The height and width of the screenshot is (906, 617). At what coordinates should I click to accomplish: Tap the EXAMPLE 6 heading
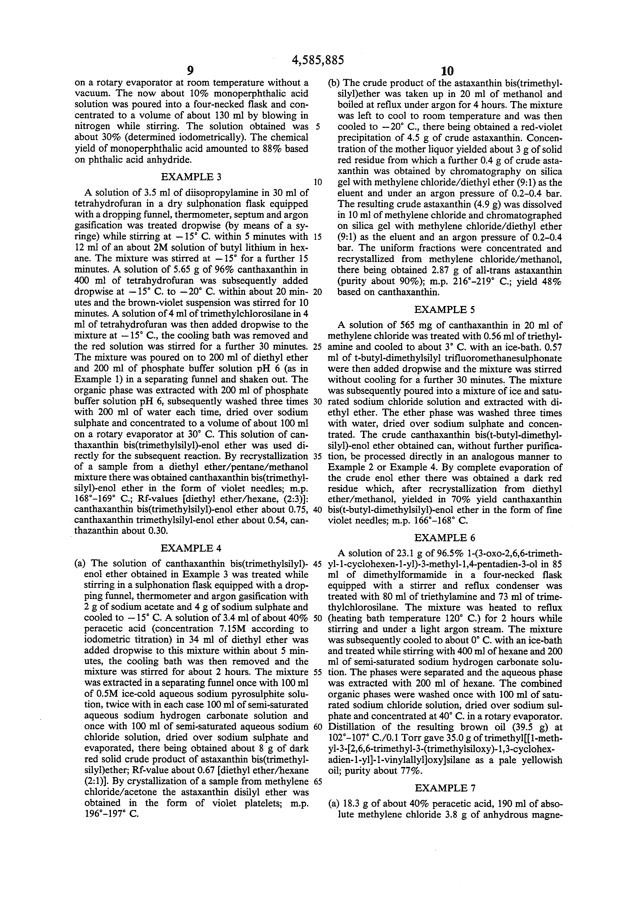point(445,538)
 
